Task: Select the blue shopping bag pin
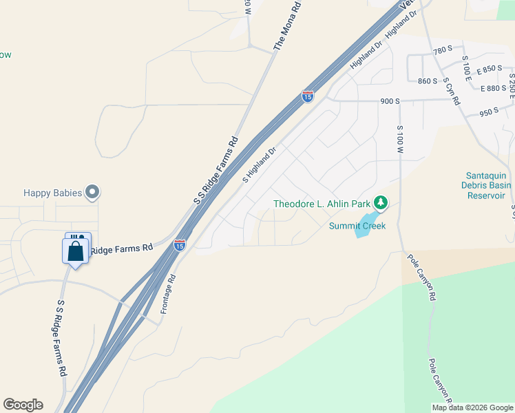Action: coord(76,249)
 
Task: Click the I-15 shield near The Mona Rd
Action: coord(307,96)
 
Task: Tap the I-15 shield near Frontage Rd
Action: coord(179,244)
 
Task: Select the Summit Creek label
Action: coord(357,225)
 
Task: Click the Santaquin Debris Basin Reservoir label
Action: coord(487,185)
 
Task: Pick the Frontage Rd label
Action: coord(169,295)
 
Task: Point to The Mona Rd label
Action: coord(288,25)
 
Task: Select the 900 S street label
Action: coord(390,101)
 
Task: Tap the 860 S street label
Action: coord(428,81)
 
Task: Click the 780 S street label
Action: coord(443,50)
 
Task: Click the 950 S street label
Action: coord(488,112)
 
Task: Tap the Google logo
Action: coord(23,405)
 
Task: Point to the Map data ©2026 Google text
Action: coord(472,407)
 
